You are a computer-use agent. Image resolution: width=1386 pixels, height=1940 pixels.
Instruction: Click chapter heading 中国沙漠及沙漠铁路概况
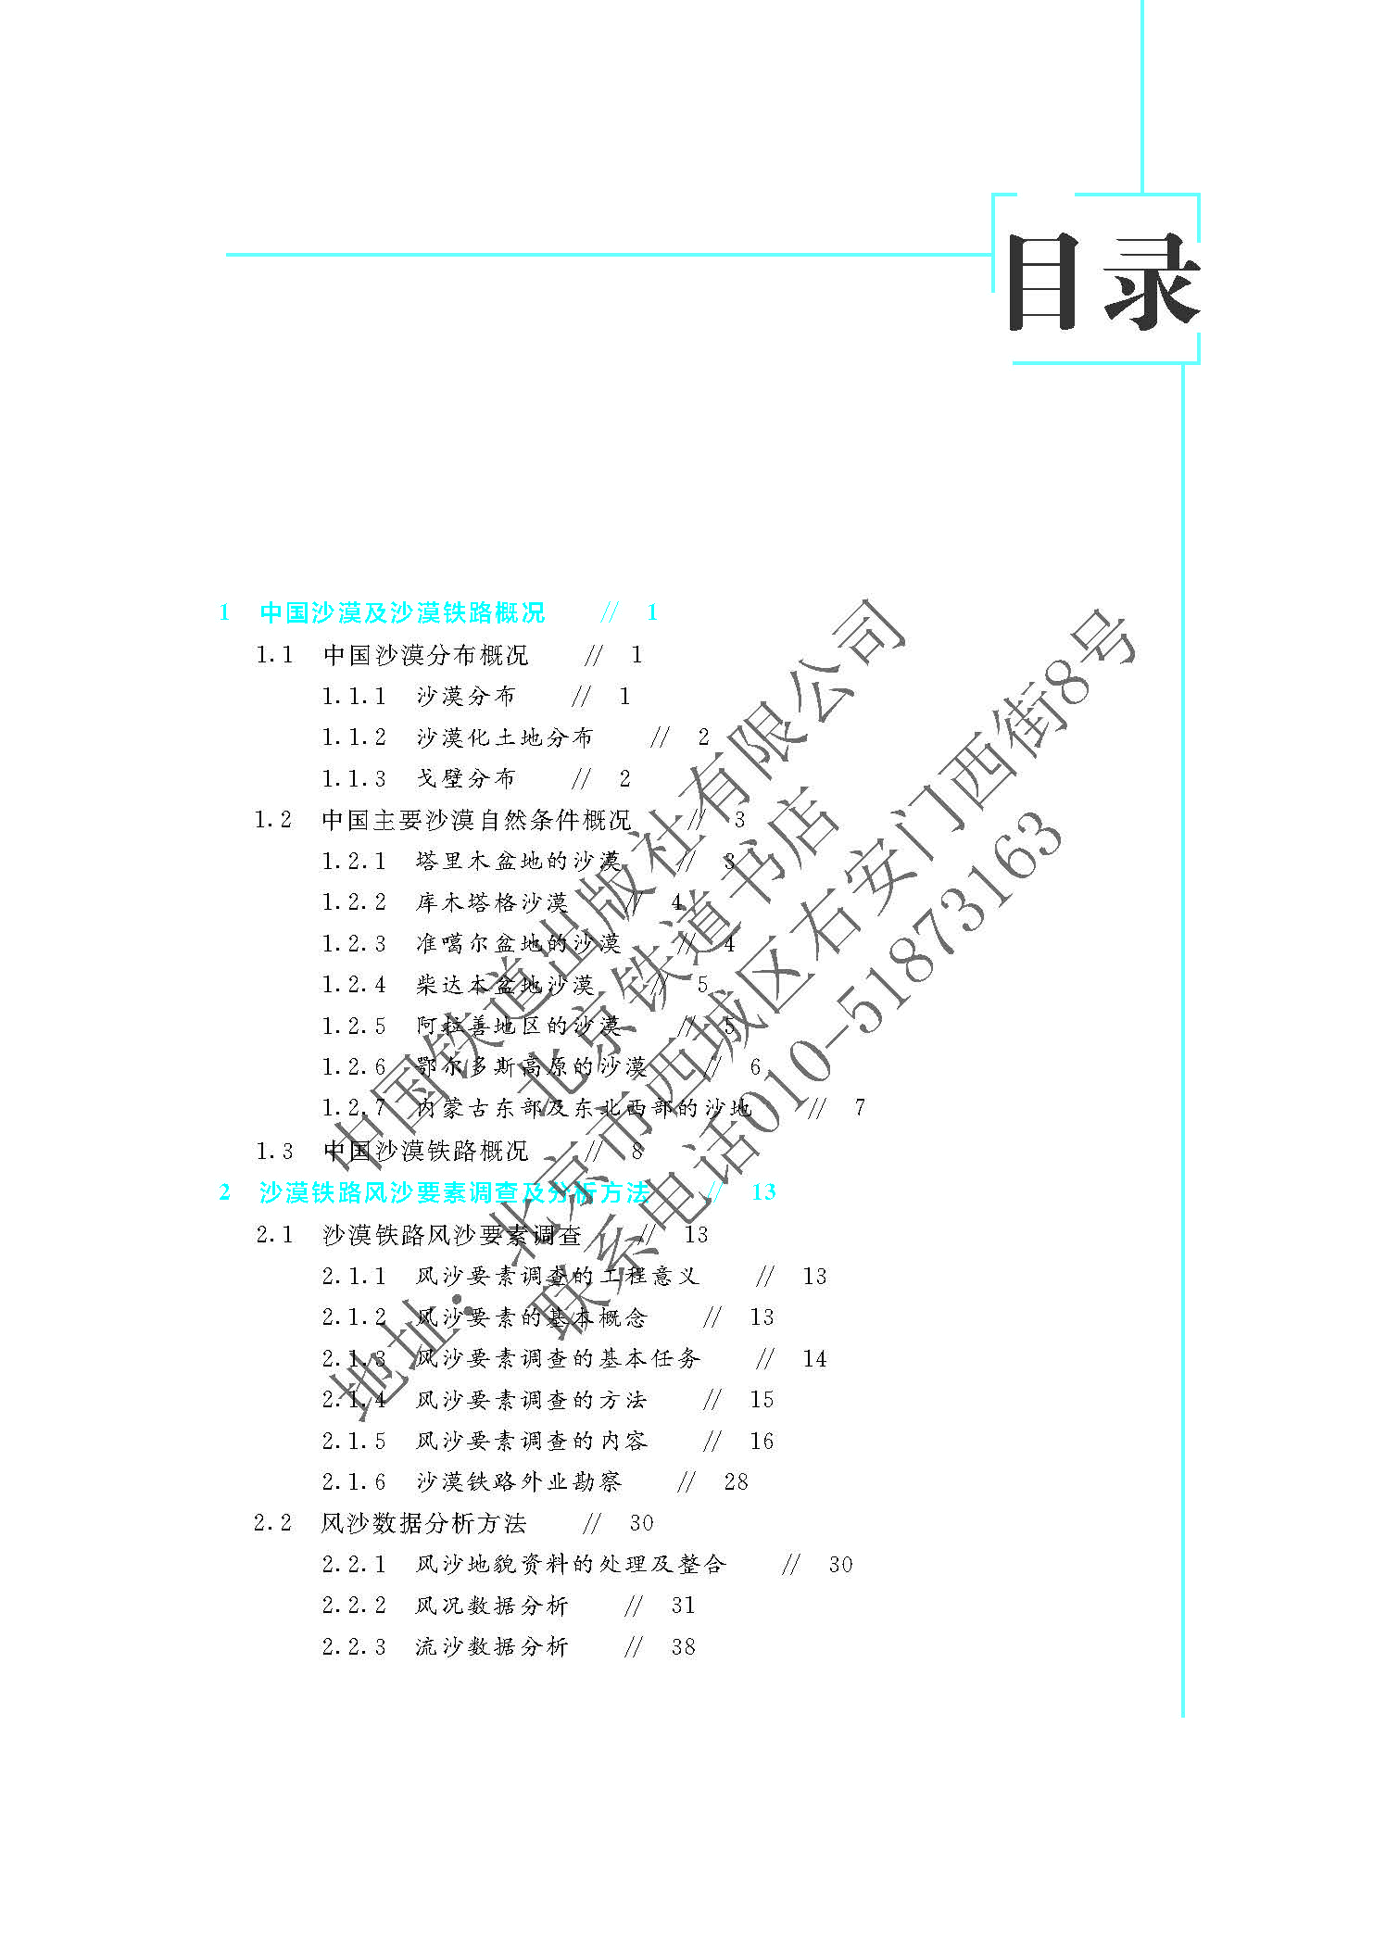point(402,612)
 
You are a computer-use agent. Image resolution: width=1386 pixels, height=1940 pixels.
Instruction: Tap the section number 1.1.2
point(354,737)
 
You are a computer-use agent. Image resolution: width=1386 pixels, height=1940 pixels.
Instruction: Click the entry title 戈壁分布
point(465,778)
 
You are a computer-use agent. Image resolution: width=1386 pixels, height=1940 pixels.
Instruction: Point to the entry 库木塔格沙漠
point(491,901)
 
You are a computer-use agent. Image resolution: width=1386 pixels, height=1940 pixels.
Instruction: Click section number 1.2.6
point(354,1066)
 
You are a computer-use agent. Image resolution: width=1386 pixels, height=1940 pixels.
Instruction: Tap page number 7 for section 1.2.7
point(860,1107)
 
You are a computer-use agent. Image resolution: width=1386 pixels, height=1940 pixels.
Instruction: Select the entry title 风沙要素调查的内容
point(531,1441)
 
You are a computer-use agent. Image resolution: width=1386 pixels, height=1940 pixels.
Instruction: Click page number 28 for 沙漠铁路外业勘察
point(736,1481)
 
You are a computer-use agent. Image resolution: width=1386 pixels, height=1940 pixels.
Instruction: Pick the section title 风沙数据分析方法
point(423,1523)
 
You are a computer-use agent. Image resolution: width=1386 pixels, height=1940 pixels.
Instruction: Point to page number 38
point(683,1646)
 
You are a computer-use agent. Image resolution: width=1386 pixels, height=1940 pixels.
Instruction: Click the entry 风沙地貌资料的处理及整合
point(570,1564)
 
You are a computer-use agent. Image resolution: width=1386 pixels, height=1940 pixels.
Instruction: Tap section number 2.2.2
point(354,1606)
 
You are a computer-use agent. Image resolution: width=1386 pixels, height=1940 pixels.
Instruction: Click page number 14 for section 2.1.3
point(814,1358)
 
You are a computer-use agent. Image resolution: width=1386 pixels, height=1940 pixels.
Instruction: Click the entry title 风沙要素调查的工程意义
point(557,1276)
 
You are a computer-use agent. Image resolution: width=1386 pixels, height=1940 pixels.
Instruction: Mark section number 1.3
point(274,1151)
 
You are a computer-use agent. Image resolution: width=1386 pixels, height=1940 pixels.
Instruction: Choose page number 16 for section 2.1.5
point(762,1441)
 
